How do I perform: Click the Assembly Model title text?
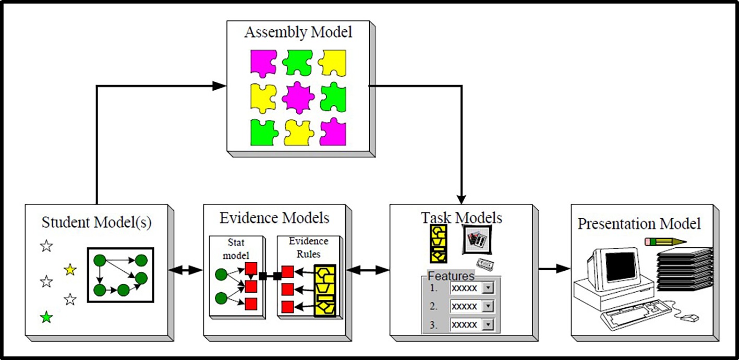[298, 32]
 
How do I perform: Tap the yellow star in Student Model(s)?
[70, 270]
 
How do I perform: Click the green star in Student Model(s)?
[47, 317]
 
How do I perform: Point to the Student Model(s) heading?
[96, 223]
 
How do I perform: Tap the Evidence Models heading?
[275, 217]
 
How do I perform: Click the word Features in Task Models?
[451, 276]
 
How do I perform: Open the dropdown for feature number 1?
[488, 289]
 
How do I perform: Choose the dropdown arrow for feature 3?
[488, 325]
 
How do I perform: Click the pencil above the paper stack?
[665, 242]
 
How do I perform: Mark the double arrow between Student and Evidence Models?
[186, 270]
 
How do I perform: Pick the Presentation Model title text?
[639, 224]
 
